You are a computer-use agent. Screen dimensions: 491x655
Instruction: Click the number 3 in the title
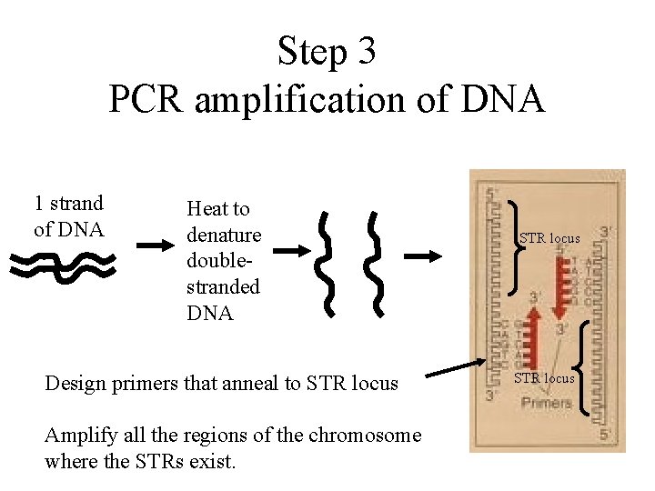366,51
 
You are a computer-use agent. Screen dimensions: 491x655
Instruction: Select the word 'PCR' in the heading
146,98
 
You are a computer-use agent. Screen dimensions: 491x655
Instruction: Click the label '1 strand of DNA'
69,215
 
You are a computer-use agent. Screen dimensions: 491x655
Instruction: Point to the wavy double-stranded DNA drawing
63,264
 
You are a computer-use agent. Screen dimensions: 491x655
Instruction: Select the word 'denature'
223,235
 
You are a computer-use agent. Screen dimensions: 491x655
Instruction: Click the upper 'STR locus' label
549,238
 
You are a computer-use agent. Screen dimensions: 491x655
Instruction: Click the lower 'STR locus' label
545,377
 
